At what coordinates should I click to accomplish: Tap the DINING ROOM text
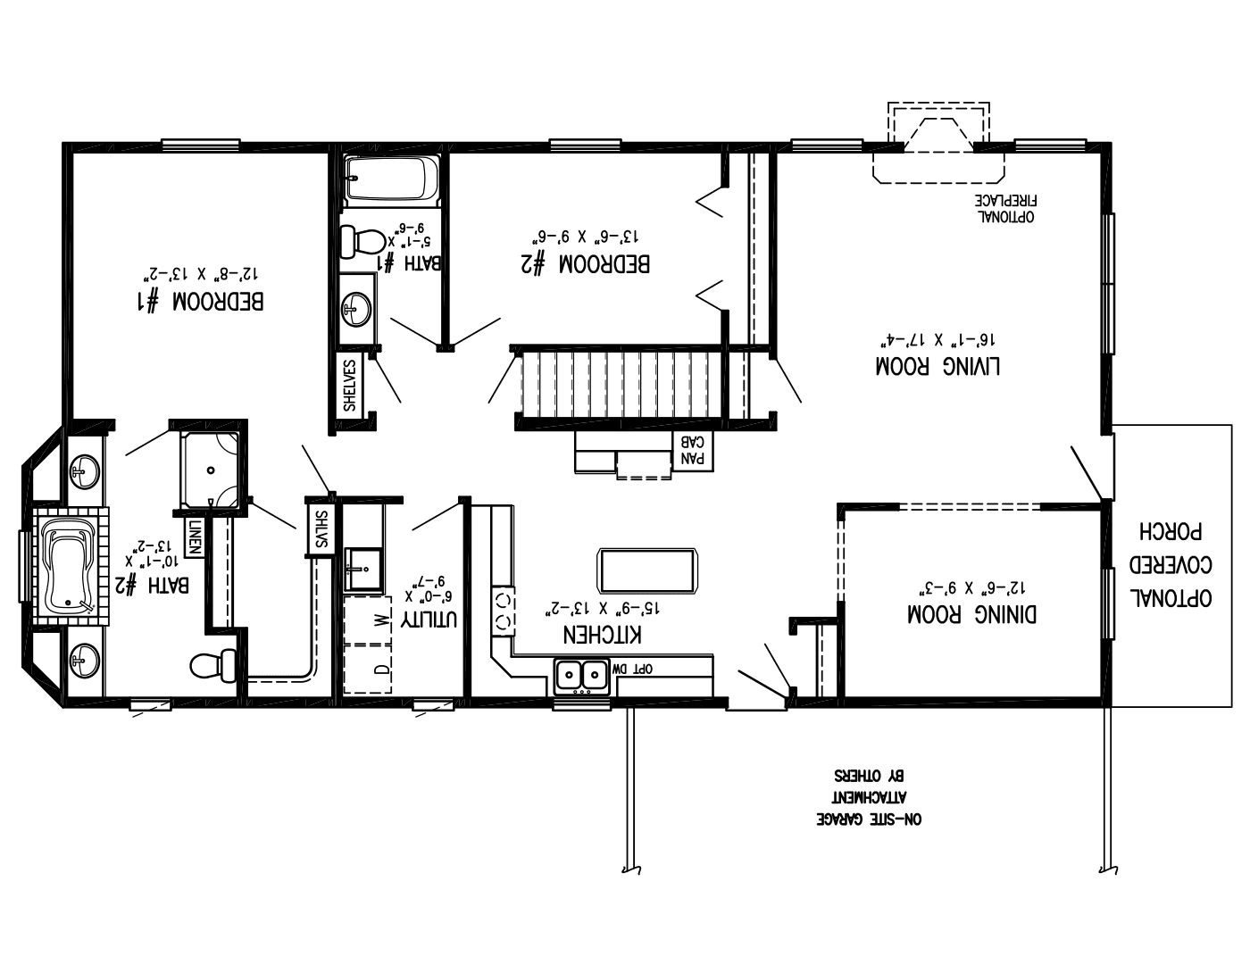[971, 614]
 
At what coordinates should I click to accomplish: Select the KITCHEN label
[603, 635]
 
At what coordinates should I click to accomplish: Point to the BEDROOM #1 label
[200, 301]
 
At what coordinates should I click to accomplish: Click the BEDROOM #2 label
[585, 264]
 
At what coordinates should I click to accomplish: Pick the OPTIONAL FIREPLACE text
[1010, 208]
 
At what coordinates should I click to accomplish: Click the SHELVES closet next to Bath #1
[350, 385]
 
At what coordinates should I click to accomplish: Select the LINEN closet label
[194, 537]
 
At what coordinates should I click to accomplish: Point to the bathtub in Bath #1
[391, 179]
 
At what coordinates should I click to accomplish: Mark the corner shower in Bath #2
[210, 470]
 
